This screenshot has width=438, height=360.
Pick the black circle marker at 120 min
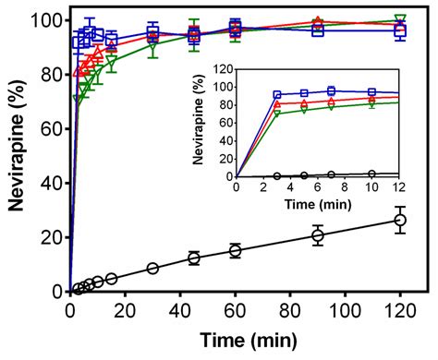(x=400, y=220)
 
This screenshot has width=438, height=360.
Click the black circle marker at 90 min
(x=318, y=235)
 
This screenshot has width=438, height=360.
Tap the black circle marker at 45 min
(x=194, y=258)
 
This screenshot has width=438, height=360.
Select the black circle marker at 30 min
(x=152, y=268)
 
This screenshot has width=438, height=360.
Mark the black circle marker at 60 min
(x=236, y=250)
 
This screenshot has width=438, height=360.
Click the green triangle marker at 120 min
(x=400, y=19)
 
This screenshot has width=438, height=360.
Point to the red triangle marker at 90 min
(x=318, y=22)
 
